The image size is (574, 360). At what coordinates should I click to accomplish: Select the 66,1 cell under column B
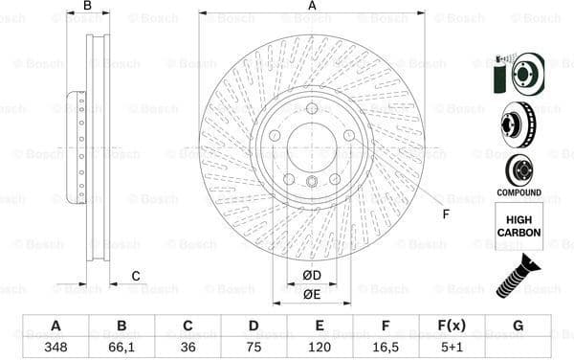click(x=121, y=348)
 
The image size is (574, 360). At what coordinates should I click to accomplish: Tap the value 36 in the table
click(x=188, y=348)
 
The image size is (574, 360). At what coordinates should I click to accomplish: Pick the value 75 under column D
click(x=254, y=348)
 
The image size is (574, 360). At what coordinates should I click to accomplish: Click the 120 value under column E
click(x=320, y=348)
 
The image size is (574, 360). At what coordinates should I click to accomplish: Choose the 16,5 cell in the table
click(x=386, y=348)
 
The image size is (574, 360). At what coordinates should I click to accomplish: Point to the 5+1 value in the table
click(x=452, y=348)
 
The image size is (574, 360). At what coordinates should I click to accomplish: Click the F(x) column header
click(x=452, y=326)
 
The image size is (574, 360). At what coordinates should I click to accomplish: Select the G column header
click(x=518, y=326)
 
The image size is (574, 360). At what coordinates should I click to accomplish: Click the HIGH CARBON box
click(x=519, y=226)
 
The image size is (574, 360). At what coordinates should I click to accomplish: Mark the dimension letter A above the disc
click(x=312, y=7)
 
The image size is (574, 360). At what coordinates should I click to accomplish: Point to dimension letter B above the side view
click(x=87, y=7)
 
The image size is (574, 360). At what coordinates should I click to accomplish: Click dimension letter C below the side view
click(x=136, y=277)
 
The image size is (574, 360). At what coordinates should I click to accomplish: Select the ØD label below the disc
click(x=312, y=277)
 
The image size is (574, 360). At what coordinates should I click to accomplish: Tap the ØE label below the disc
click(x=312, y=294)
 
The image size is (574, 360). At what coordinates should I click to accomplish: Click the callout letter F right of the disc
click(x=446, y=213)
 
